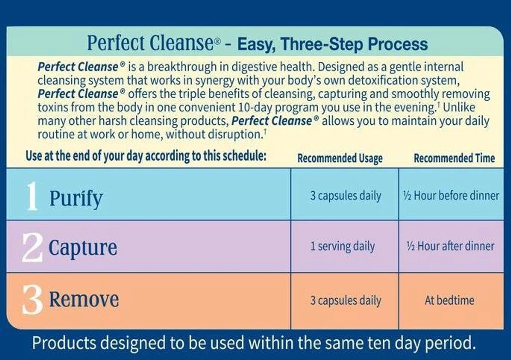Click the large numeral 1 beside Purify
(32, 196)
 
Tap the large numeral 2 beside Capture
(32, 248)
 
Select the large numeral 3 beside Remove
(32, 301)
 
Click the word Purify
(76, 198)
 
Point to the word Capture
(83, 248)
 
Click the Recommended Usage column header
(340, 158)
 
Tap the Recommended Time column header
(454, 158)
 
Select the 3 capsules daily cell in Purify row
(345, 196)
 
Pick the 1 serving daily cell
(343, 247)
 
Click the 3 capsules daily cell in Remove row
(345, 300)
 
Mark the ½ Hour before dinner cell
(451, 196)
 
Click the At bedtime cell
(450, 300)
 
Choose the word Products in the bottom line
(64, 343)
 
